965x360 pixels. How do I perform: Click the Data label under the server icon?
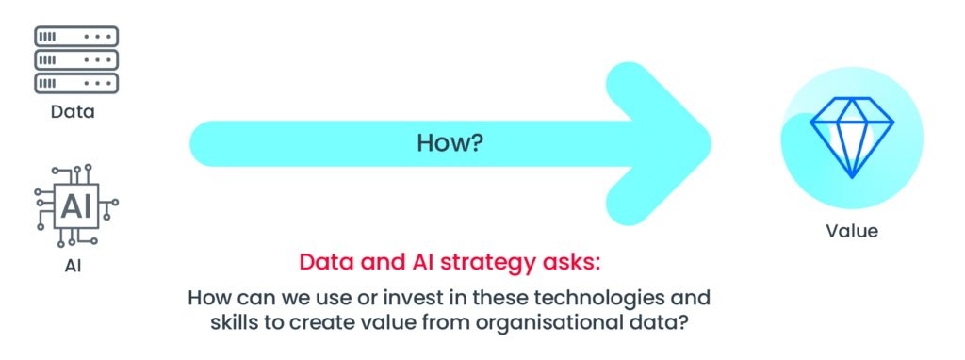pyautogui.click(x=75, y=113)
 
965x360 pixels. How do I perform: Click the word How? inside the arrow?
pyautogui.click(x=450, y=143)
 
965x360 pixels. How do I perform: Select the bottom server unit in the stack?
pyautogui.click(x=75, y=83)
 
